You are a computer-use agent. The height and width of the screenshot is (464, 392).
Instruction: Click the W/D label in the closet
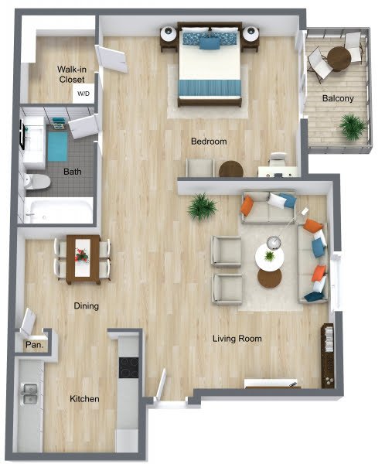point(84,94)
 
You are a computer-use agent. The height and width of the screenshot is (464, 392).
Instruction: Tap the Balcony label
point(338,98)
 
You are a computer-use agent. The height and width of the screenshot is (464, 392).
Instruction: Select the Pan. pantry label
point(35,345)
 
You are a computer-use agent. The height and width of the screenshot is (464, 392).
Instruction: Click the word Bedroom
point(209,142)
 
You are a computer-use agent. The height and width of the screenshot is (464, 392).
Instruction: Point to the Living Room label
point(237,338)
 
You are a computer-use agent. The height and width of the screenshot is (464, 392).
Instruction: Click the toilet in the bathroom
point(37,182)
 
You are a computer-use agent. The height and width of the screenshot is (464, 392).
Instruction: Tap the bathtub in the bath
point(59,210)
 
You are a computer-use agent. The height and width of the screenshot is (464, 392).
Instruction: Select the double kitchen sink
point(30,394)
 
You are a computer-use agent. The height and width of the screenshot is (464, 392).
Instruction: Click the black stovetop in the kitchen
point(128,368)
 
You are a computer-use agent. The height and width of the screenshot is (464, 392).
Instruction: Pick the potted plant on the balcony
point(353,127)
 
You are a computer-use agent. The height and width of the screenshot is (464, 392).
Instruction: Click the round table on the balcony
point(339,59)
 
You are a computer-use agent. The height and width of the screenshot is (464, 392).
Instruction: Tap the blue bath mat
point(58,146)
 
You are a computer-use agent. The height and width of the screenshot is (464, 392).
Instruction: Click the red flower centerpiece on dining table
point(82,254)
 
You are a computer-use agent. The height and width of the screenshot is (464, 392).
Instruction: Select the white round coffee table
point(270,256)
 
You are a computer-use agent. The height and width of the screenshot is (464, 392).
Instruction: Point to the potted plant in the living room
point(202,206)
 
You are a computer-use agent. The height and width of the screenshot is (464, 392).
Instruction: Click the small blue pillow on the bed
point(210,44)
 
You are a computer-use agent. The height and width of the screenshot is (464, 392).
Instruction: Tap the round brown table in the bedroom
point(231,169)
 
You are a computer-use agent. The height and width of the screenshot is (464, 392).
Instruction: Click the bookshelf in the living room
point(328,356)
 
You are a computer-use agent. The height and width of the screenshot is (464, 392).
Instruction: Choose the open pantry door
point(28,322)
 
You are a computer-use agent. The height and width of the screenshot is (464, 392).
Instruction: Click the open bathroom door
point(84,126)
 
